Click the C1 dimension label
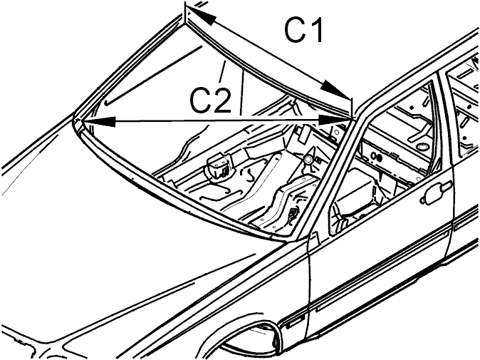(303, 30)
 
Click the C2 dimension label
(210, 100)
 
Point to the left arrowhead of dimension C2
(99, 122)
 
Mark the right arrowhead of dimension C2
(335, 120)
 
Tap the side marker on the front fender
(293, 323)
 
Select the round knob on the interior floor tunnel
(308, 159)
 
